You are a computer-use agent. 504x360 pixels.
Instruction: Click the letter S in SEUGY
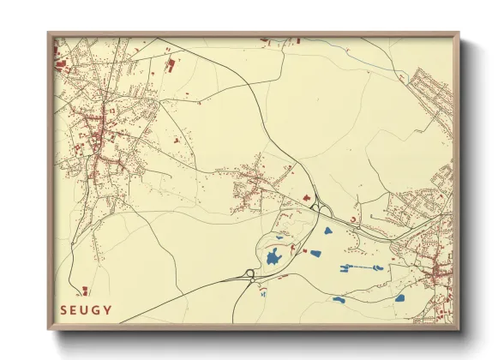pyautogui.click(x=63, y=309)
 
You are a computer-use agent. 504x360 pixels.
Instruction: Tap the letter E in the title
pyautogui.click(x=75, y=309)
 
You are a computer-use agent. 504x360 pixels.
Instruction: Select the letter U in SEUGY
pyautogui.click(x=86, y=309)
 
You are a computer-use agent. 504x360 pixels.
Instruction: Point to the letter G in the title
pyautogui.click(x=98, y=309)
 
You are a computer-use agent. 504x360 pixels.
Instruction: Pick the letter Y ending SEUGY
pyautogui.click(x=109, y=309)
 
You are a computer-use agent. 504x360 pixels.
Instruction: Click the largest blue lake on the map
pyautogui.click(x=274, y=256)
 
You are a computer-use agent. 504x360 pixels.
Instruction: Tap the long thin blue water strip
pyautogui.click(x=368, y=268)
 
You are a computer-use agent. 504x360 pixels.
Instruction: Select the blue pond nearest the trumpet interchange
pyautogui.click(x=327, y=231)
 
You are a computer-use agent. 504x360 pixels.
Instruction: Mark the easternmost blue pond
pyautogui.click(x=399, y=298)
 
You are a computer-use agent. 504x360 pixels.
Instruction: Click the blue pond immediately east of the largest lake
pyautogui.click(x=315, y=253)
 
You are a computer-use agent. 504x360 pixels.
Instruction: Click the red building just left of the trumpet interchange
pyautogui.click(x=305, y=198)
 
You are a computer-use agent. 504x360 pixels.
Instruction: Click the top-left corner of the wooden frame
pyautogui.click(x=49, y=33)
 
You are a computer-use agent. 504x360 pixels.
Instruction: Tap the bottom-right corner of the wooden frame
pyautogui.click(x=459, y=329)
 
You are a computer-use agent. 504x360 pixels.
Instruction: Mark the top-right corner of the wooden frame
pyautogui.click(x=459, y=33)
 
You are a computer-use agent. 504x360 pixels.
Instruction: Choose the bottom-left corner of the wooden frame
pyautogui.click(x=49, y=329)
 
